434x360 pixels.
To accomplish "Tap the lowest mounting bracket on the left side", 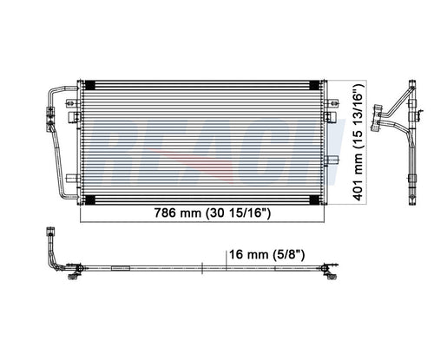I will [x=73, y=179].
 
